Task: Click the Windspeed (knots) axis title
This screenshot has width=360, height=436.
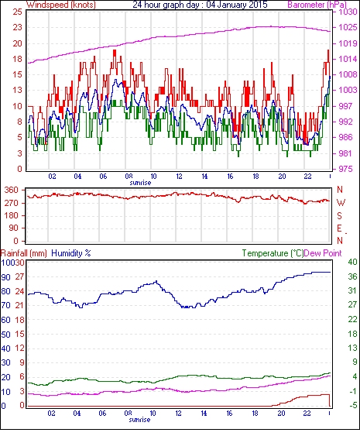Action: (61, 5)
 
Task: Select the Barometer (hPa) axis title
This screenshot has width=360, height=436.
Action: (317, 5)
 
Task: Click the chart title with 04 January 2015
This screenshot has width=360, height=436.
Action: (200, 5)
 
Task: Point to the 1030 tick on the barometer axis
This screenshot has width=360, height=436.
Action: (348, 12)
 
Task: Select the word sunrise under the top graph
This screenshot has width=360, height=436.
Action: (140, 183)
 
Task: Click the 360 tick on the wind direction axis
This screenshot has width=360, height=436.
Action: (12, 191)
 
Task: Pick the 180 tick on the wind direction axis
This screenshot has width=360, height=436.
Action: (12, 215)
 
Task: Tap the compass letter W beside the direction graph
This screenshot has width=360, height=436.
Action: (341, 203)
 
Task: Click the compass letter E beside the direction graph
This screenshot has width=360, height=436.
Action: (339, 228)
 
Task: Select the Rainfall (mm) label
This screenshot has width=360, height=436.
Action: (24, 253)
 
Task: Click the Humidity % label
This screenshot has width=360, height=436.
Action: (71, 253)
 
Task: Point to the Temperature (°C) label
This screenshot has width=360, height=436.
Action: (273, 253)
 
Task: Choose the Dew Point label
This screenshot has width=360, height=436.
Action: (323, 253)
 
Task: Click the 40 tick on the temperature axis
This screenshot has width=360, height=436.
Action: (352, 262)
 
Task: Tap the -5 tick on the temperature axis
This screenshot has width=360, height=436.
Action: (352, 406)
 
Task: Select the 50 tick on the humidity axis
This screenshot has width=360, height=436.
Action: (6, 335)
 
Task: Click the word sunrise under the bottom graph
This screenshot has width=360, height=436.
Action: (139, 420)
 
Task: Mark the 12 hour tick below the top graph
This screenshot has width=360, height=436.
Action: (179, 177)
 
